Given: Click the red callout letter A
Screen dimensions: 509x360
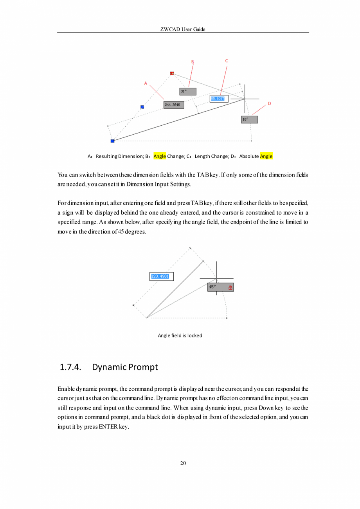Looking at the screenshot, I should click(x=146, y=83).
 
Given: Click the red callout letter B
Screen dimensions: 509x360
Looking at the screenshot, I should click(x=192, y=61).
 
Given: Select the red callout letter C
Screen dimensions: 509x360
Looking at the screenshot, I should click(x=227, y=61).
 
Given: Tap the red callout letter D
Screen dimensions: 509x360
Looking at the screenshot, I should click(x=269, y=104).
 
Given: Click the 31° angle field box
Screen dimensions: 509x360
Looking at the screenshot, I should click(x=188, y=92).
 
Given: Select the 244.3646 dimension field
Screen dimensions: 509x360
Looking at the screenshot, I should click(x=174, y=105).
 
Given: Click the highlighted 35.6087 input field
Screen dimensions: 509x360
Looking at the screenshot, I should click(x=219, y=99).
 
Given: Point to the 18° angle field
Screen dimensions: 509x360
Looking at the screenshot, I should click(x=249, y=119).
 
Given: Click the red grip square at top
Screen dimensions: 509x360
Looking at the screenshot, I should click(x=172, y=73).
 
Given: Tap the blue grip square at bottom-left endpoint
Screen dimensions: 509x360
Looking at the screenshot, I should click(x=112, y=141).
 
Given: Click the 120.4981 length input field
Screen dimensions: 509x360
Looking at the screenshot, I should click(x=161, y=276).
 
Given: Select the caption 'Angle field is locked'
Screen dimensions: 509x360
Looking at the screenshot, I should click(x=180, y=336).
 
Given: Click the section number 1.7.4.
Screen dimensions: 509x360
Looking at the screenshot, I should click(x=70, y=367).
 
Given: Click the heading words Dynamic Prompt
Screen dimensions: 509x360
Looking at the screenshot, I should click(x=125, y=367).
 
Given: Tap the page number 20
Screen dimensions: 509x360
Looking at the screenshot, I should click(x=183, y=464).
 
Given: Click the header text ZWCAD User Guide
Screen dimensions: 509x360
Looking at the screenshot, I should click(x=183, y=30).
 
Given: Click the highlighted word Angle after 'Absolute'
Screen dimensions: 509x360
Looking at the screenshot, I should click(x=266, y=156).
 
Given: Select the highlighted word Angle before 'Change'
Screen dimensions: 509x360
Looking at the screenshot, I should click(x=160, y=156).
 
